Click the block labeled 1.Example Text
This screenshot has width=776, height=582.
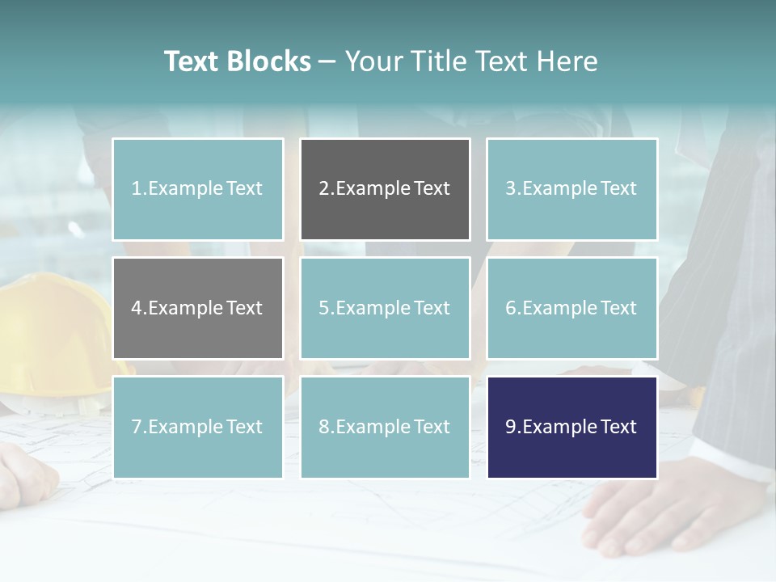tap(197, 189)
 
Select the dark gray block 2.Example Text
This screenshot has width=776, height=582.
tap(385, 189)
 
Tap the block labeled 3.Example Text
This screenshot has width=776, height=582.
tap(571, 189)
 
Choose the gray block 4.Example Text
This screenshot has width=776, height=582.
tap(197, 308)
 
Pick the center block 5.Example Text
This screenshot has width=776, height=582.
tap(385, 308)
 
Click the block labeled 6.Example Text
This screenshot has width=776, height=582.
tap(571, 308)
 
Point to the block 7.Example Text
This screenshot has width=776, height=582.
tap(197, 427)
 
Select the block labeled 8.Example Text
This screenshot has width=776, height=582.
tap(385, 427)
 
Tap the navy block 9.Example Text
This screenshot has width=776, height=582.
tap(571, 427)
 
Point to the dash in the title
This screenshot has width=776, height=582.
tap(327, 62)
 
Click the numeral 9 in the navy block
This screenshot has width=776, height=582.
tap(511, 427)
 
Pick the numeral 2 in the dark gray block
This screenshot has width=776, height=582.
tap(324, 189)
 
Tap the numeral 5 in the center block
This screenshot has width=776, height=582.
tap(324, 308)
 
